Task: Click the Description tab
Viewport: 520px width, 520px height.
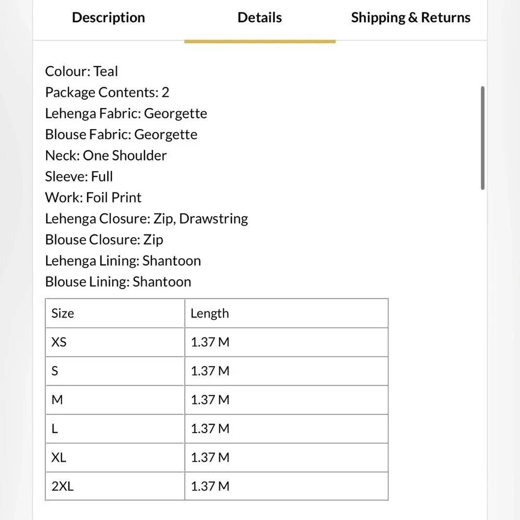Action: point(108,18)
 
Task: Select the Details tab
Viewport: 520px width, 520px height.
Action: point(259,18)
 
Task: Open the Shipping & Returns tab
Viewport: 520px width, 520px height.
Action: point(410,18)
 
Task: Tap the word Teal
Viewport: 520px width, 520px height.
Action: point(106,71)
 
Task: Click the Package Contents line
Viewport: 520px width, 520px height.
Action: point(107,93)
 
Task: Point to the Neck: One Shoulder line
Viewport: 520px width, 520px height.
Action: point(106,155)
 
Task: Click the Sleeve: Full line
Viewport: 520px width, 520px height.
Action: point(79,176)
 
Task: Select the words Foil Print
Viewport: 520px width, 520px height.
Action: point(114,198)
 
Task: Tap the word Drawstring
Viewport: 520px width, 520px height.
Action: point(213,218)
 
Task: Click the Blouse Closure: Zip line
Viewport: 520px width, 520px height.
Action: point(104,240)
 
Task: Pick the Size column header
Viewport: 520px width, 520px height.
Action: point(63,313)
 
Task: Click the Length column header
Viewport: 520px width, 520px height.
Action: point(210,313)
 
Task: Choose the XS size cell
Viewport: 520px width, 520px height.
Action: point(59,342)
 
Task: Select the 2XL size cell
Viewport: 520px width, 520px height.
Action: point(63,486)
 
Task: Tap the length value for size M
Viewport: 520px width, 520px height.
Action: point(210,400)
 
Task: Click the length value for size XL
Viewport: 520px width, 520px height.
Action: point(210,458)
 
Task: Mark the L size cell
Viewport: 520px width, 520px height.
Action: point(55,428)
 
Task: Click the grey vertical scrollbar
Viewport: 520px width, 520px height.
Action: point(483,138)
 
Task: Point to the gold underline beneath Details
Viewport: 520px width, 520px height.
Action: point(259,41)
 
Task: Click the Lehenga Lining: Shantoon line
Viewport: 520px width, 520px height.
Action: point(123,261)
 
